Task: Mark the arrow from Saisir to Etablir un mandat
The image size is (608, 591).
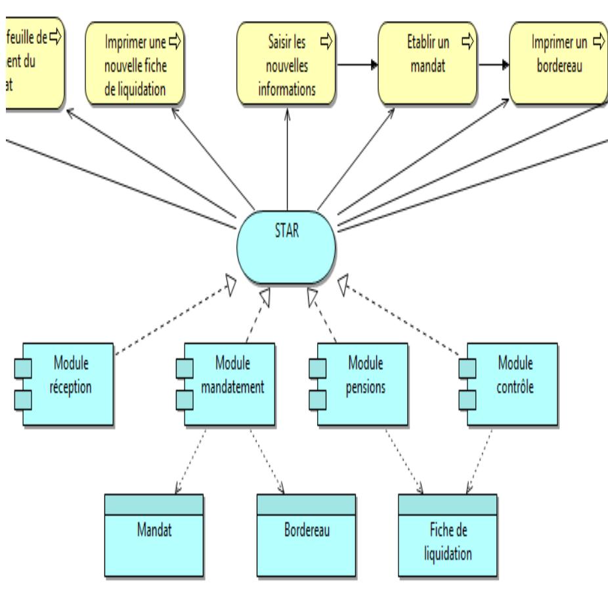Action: (357, 65)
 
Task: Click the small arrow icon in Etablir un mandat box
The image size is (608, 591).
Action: (466, 39)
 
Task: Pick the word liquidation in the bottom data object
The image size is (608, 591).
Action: (446, 554)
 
